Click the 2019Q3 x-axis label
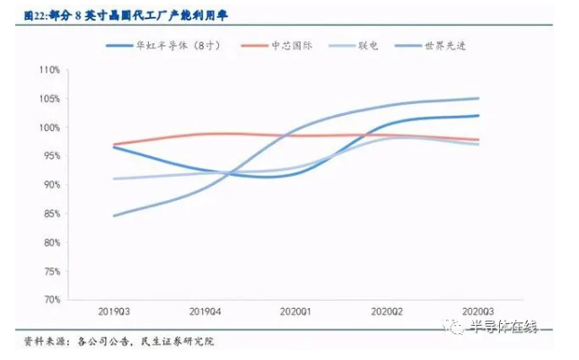[x=114, y=310]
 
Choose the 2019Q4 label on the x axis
[x=205, y=310]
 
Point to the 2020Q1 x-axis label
[x=294, y=310]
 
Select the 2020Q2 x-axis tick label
[x=385, y=310]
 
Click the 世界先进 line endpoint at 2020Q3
[x=478, y=98]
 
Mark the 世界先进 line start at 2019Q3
[x=114, y=215]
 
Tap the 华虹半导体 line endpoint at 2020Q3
[x=478, y=115]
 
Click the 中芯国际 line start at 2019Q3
[x=114, y=144]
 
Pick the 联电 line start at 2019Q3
[x=114, y=179]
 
